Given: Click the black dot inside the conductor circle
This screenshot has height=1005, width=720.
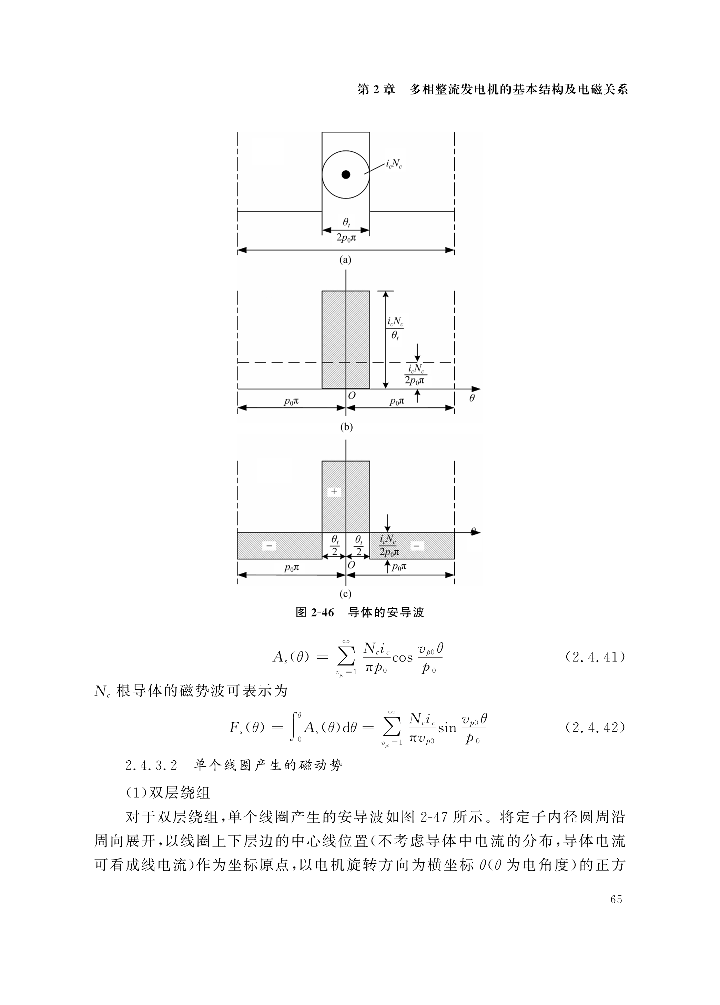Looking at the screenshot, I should tap(346, 175).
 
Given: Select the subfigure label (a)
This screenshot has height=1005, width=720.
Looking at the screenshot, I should tap(345, 260).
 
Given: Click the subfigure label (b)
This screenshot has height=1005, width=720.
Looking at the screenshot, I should tap(346, 427).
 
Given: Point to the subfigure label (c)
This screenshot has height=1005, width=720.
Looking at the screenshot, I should tap(345, 594).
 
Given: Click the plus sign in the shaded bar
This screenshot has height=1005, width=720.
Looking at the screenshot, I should tap(334, 491).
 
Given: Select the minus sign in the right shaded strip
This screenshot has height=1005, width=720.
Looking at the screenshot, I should tap(416, 546).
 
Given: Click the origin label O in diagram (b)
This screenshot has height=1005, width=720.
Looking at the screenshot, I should tap(352, 396).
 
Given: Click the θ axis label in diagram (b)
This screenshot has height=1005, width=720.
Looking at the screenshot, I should tap(472, 398).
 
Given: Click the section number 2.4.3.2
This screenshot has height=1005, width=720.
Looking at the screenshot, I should tap(152, 765).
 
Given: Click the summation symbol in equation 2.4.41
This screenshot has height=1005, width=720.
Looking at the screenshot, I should tap(346, 657).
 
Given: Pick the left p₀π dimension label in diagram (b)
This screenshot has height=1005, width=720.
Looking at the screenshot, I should tap(291, 401).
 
